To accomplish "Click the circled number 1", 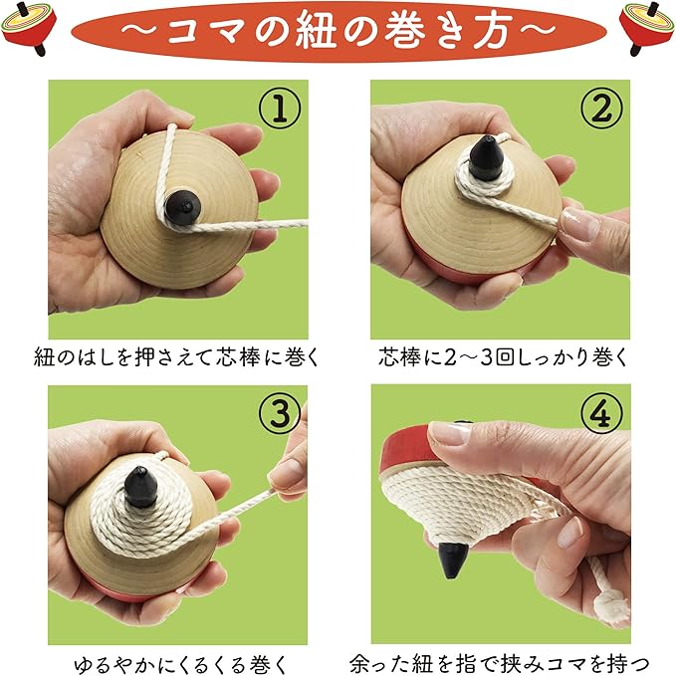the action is pyautogui.click(x=280, y=108).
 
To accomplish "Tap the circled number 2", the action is pyautogui.click(x=601, y=108).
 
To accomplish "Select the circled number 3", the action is pyautogui.click(x=280, y=412).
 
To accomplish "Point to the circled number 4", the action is pyautogui.click(x=601, y=412).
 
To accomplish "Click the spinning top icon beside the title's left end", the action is pyautogui.click(x=29, y=28).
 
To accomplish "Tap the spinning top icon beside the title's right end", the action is pyautogui.click(x=647, y=28).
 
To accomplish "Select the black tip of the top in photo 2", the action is pyautogui.click(x=486, y=157).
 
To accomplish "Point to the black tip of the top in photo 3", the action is pyautogui.click(x=141, y=486).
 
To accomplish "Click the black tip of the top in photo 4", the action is pyautogui.click(x=452, y=560).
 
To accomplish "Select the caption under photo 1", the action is pyautogui.click(x=176, y=357).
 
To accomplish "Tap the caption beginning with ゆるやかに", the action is pyautogui.click(x=180, y=664).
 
